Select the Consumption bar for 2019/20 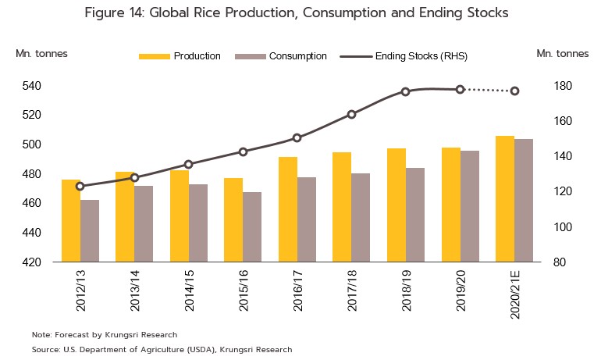click(x=469, y=206)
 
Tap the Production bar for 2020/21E click(x=505, y=199)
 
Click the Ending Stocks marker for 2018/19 click(x=405, y=91)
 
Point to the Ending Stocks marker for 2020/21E click(x=514, y=91)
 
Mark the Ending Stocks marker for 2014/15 click(x=188, y=164)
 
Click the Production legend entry click(x=197, y=56)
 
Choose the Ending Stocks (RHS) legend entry click(x=421, y=56)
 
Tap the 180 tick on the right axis click(x=564, y=85)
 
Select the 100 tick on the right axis click(x=564, y=227)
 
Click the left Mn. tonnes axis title click(x=41, y=53)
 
